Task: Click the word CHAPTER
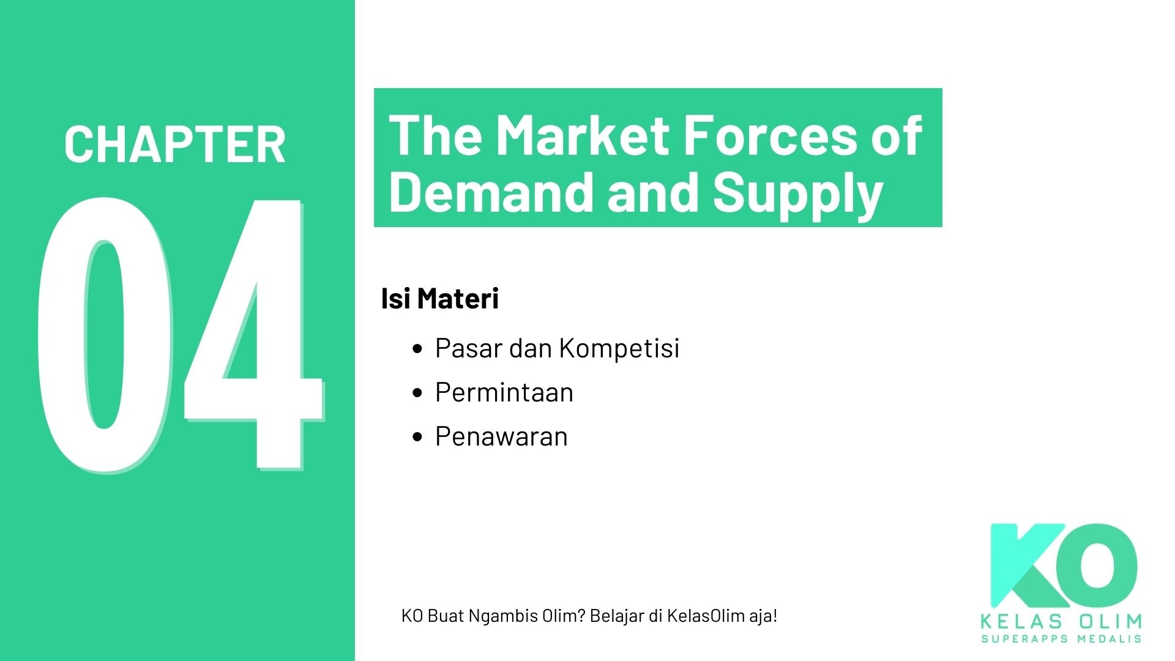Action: [175, 145]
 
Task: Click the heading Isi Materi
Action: [439, 299]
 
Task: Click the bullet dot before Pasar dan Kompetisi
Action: [418, 349]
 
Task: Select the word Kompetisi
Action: [619, 348]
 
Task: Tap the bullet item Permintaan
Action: [504, 392]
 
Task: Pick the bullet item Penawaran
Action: [501, 436]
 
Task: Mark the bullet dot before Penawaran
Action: [418, 437]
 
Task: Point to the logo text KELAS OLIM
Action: [1061, 622]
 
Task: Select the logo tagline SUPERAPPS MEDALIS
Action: [1061, 639]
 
